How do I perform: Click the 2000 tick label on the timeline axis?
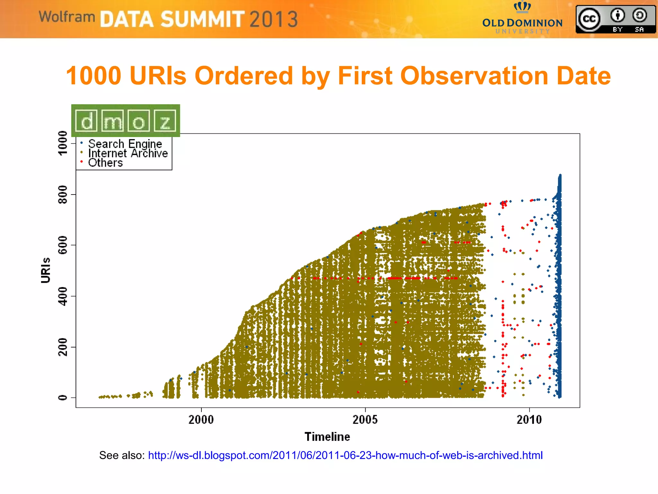pos(201,419)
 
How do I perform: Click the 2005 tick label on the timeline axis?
pos(365,419)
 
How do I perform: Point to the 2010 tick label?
pos(529,419)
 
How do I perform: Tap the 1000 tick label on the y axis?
pos(63,143)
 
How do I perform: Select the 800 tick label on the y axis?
pos(63,194)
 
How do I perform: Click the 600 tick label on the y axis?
pos(63,245)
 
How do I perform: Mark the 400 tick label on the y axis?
pos(63,296)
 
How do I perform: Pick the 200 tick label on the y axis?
pos(63,347)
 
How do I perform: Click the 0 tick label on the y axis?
pos(63,398)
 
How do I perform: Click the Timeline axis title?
pos(327,437)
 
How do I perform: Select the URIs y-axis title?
pos(46,270)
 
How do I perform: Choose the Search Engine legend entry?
pos(125,144)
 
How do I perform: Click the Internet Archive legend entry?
pos(128,153)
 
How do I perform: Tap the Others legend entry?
pos(105,163)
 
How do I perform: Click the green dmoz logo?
pos(126,121)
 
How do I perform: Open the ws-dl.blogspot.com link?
pos(345,455)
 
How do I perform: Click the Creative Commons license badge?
pos(615,19)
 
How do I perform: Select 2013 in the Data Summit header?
pos(274,19)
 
